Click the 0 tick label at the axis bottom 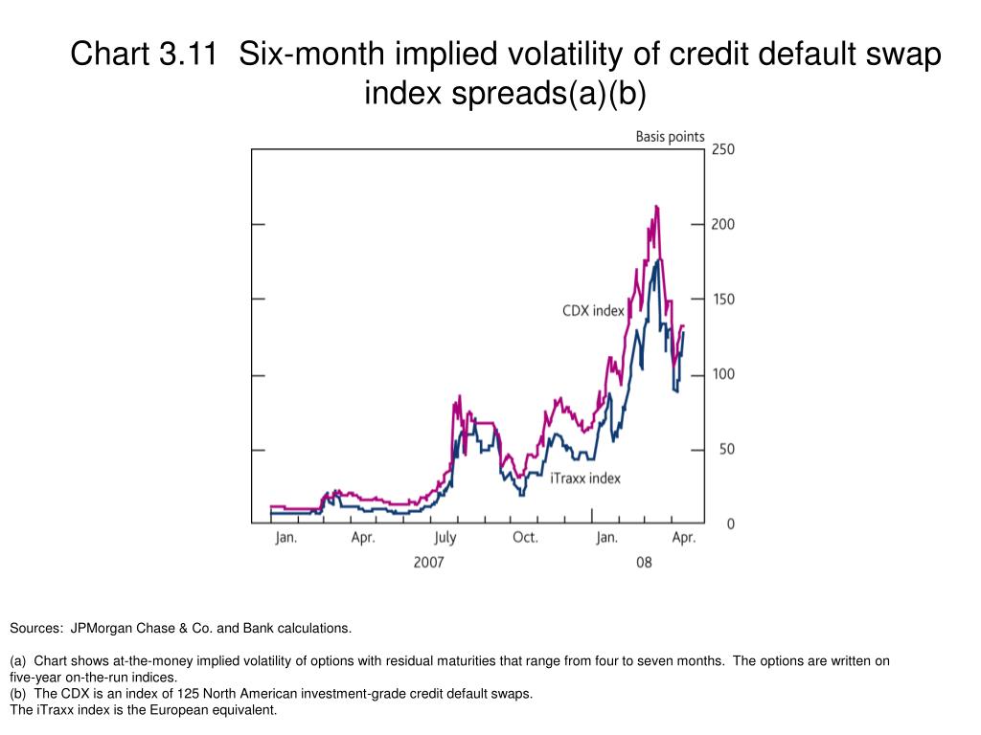click(x=730, y=524)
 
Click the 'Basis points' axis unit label click(x=670, y=137)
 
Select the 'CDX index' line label click(x=593, y=311)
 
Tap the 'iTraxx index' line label click(x=585, y=478)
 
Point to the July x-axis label click(x=445, y=538)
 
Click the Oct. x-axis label click(x=525, y=538)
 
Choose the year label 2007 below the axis click(x=428, y=563)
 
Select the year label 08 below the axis click(x=644, y=563)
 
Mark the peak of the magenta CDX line click(x=656, y=206)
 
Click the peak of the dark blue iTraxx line click(x=656, y=261)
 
